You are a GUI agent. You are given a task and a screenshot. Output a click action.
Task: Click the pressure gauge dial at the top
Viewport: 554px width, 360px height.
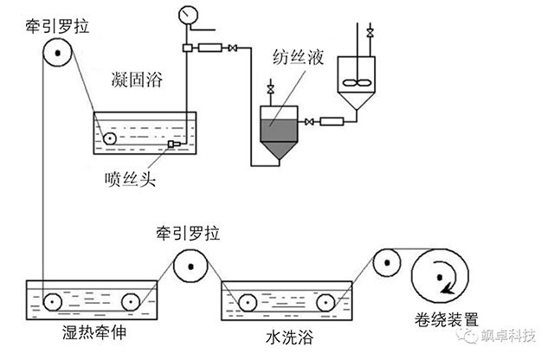(186, 16)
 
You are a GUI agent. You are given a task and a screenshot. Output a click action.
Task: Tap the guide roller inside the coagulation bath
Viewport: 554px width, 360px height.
(110, 138)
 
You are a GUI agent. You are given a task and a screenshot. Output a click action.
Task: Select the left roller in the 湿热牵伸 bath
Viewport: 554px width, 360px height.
(53, 302)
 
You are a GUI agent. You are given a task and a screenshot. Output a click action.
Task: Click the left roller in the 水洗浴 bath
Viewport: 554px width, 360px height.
(247, 302)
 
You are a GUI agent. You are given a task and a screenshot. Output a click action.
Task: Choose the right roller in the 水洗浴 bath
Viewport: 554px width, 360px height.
(325, 302)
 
